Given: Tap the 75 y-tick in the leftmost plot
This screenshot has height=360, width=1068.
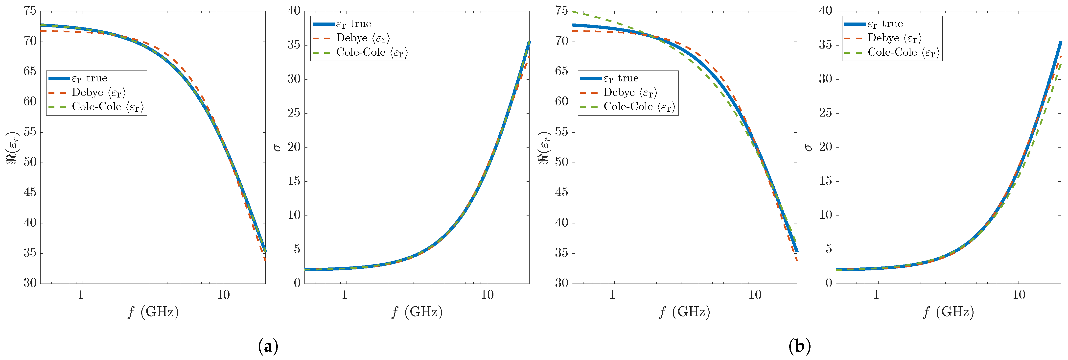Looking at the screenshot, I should [x=30, y=11].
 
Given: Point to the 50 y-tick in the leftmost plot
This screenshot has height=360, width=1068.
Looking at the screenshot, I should [x=30, y=162].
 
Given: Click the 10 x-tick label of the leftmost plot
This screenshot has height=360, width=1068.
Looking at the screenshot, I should [x=223, y=295].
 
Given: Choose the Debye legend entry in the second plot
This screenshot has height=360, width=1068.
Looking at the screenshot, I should [x=363, y=38].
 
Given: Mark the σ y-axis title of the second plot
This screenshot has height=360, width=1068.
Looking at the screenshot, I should [x=277, y=147].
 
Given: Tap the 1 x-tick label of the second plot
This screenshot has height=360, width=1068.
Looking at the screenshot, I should [x=345, y=295].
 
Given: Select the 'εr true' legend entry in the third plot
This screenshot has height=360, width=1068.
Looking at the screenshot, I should [x=621, y=78].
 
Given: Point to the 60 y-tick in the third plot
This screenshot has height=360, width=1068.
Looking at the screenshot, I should [x=561, y=102].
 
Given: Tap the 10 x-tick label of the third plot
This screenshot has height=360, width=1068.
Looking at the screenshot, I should [x=755, y=295].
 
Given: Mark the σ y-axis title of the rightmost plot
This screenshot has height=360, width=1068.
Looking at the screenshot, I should [x=809, y=147].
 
